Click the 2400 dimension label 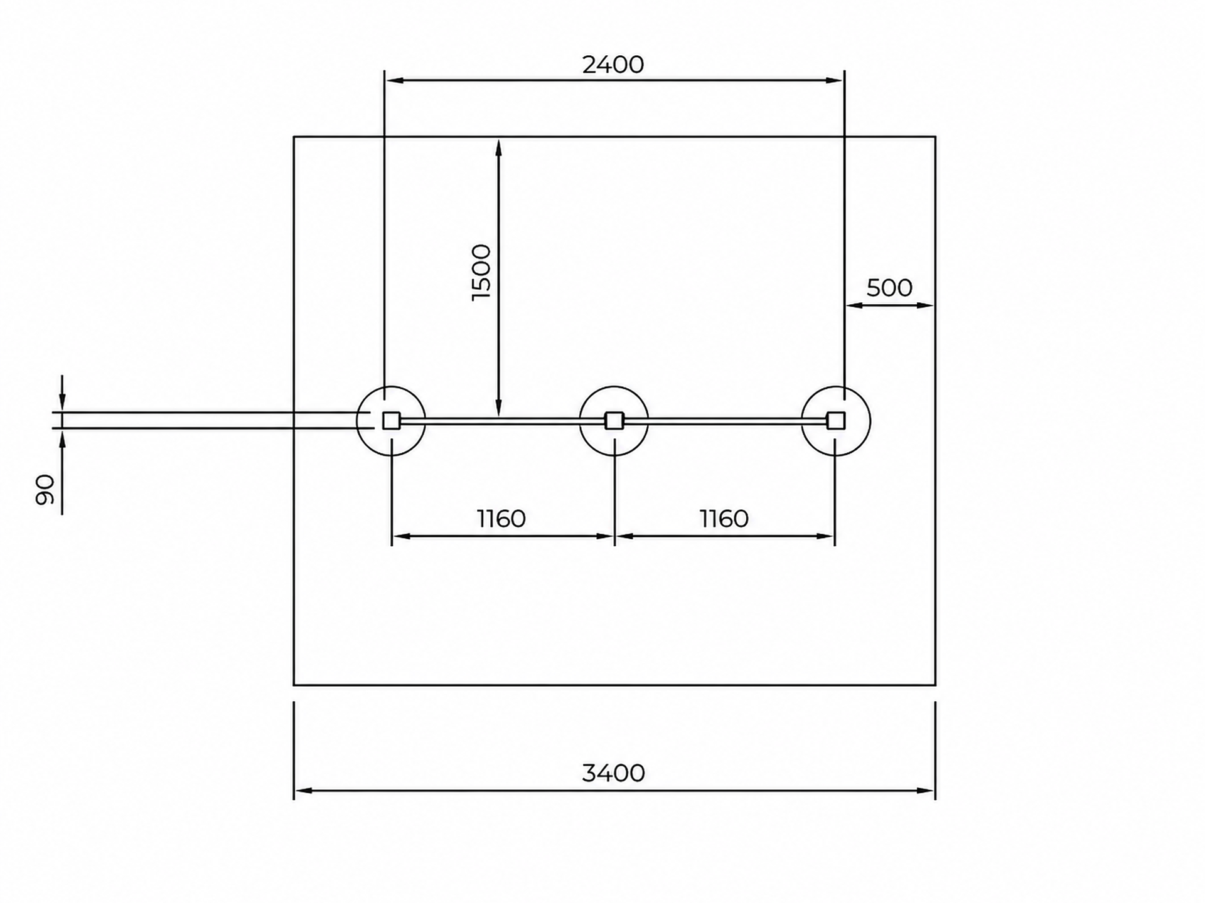[x=613, y=65]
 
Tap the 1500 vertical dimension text [x=481, y=272]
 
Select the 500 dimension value [x=889, y=288]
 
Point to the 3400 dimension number [x=613, y=773]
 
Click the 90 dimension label [x=45, y=490]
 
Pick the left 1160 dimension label [x=501, y=519]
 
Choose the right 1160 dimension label [x=724, y=519]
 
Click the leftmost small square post [x=391, y=421]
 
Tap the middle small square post [x=614, y=421]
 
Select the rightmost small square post [x=836, y=421]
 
